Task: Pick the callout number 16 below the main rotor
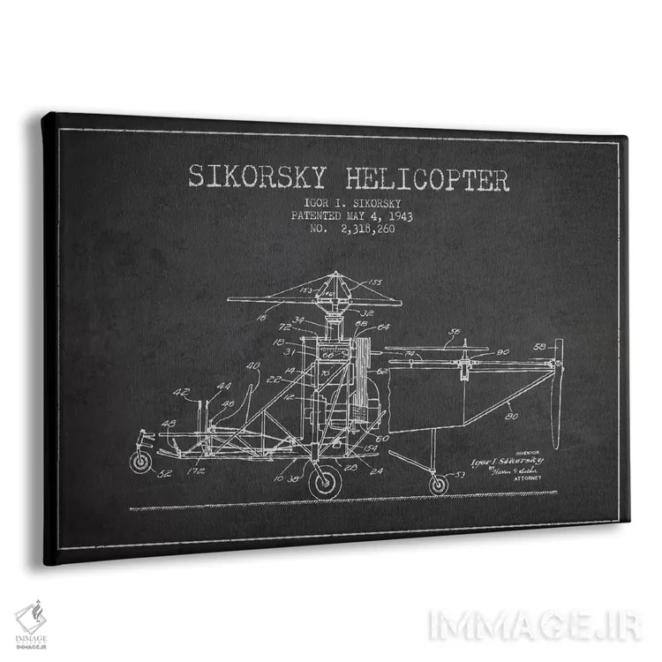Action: click(x=261, y=315)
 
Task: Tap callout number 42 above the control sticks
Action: click(x=181, y=393)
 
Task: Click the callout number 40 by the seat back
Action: click(x=253, y=366)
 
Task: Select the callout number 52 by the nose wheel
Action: click(x=164, y=474)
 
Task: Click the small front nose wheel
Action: click(x=140, y=462)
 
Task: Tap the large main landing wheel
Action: click(x=326, y=482)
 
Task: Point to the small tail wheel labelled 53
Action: click(x=439, y=484)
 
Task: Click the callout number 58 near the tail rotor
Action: click(x=538, y=345)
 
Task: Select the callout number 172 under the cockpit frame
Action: click(x=196, y=470)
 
